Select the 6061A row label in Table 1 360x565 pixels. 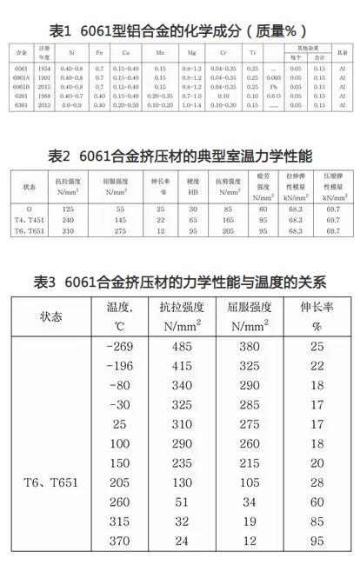[x=23, y=77]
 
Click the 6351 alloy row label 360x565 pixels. [x=23, y=105]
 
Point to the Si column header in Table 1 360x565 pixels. [x=72, y=53]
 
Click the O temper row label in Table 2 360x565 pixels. [x=30, y=209]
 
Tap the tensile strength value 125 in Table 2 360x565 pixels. [x=68, y=209]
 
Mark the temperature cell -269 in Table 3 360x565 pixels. [x=119, y=346]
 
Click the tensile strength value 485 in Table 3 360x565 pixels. [x=182, y=346]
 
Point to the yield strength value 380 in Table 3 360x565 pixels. [x=249, y=346]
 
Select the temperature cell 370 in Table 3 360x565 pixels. [x=119, y=541]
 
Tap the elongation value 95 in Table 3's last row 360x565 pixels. [x=317, y=541]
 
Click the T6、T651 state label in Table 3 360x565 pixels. [x=51, y=482]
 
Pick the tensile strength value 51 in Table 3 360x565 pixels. [x=182, y=502]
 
